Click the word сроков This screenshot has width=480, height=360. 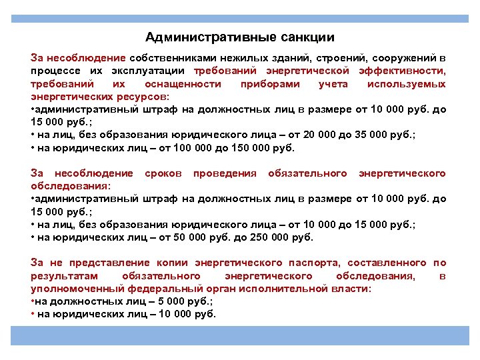(163, 174)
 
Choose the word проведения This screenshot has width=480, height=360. (225, 174)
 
